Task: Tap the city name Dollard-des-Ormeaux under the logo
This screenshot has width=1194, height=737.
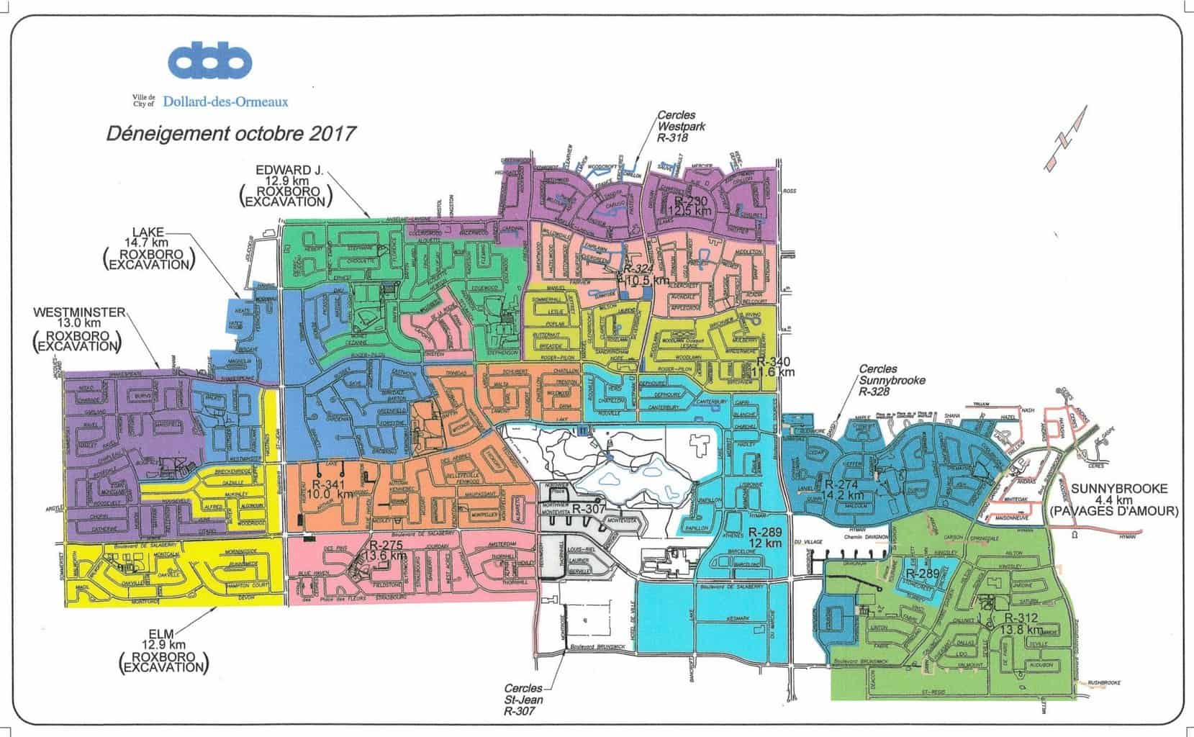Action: [x=225, y=102]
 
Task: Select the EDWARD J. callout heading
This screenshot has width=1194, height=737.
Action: [x=290, y=171]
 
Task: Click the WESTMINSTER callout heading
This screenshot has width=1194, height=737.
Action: [x=80, y=312]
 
